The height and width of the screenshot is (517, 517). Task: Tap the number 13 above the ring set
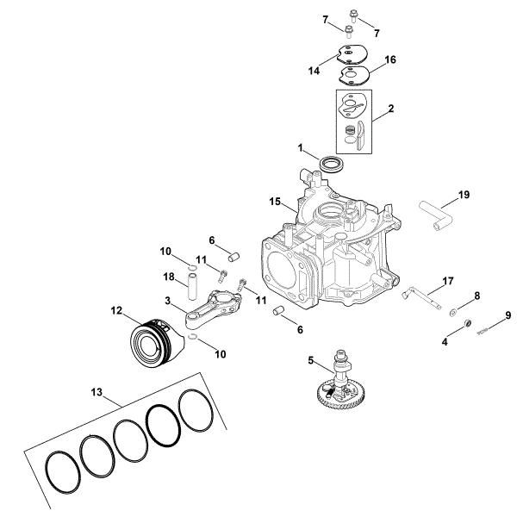click(94, 392)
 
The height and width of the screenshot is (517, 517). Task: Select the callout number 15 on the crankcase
click(275, 202)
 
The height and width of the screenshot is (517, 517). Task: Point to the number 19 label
click(464, 195)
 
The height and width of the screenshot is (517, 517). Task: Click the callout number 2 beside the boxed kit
click(391, 109)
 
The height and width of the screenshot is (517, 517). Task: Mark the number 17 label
click(447, 281)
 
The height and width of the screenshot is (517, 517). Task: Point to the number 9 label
click(508, 315)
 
